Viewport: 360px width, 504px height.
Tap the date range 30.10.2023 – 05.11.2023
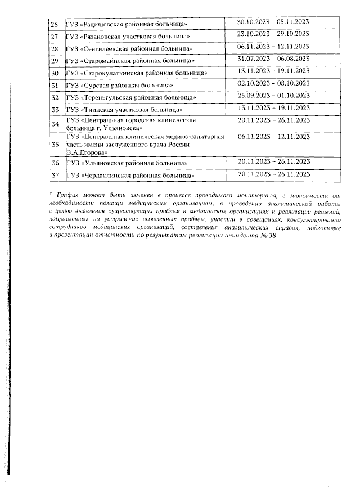274,22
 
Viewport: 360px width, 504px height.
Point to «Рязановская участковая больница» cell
127,37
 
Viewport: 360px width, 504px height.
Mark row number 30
55,74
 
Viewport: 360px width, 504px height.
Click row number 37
55,177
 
